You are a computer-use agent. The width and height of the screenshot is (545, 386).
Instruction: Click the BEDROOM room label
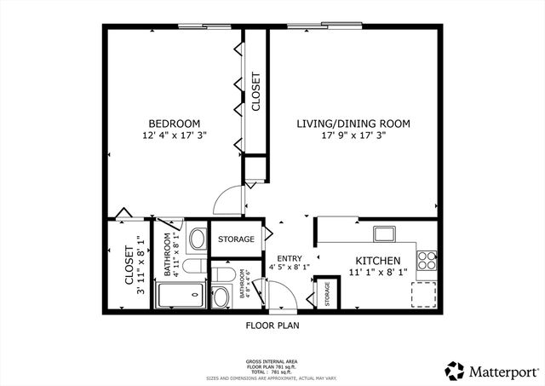pyautogui.click(x=174, y=123)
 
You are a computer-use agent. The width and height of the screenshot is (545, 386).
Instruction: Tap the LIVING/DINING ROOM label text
pyautogui.click(x=353, y=124)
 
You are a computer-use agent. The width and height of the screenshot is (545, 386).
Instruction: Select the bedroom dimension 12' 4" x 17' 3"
pyautogui.click(x=174, y=135)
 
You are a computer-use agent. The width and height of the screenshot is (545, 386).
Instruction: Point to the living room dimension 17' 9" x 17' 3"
pyautogui.click(x=353, y=136)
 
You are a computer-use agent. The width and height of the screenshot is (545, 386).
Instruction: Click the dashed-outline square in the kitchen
pyautogui.click(x=424, y=292)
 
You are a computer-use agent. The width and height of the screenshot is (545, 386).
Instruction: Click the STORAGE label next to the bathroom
pyautogui.click(x=236, y=239)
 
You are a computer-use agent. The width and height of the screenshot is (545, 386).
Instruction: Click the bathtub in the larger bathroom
pyautogui.click(x=180, y=296)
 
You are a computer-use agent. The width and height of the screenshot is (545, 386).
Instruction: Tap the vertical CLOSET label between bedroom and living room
pyautogui.click(x=255, y=90)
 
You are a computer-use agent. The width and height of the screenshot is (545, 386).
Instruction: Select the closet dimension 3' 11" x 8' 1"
pyautogui.click(x=141, y=266)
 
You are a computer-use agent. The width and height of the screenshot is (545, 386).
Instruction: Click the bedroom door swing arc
pyautogui.click(x=227, y=201)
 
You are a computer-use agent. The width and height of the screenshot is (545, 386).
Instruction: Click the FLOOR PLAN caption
pyautogui.click(x=272, y=326)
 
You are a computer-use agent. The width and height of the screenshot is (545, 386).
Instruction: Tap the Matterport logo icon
pyautogui.click(x=455, y=371)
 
